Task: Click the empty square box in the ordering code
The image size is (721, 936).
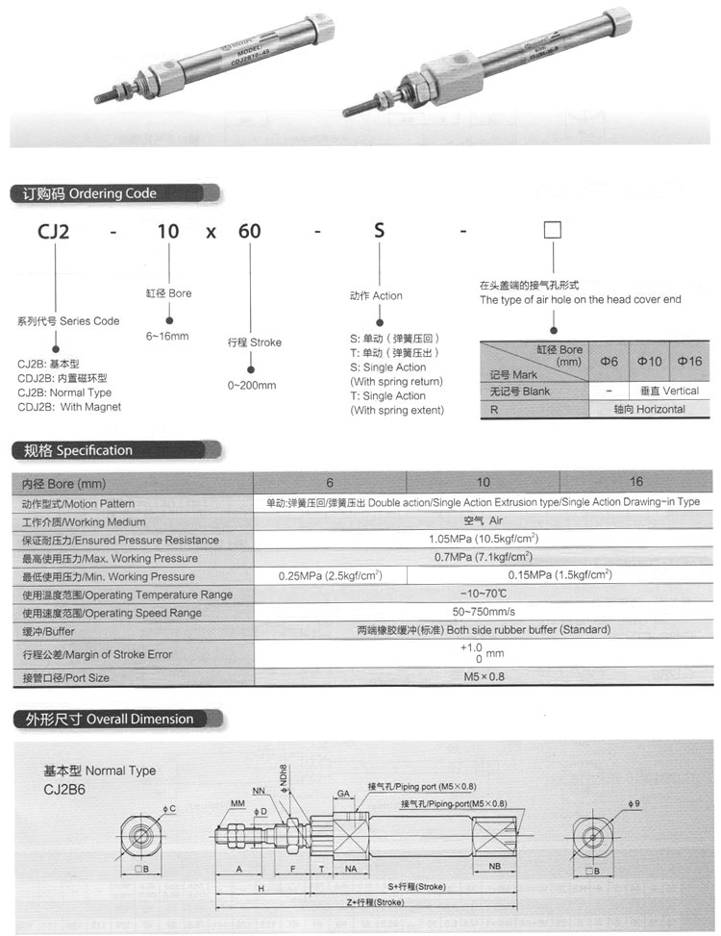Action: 553,231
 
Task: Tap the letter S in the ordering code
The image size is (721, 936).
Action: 380,231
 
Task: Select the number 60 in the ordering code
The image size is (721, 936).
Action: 250,231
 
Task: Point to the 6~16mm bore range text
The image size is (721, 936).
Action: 167,337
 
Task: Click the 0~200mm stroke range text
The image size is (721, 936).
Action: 252,386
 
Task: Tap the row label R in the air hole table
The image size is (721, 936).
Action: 494,409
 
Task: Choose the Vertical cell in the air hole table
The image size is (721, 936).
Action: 668,392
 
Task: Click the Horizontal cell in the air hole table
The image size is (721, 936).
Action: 649,409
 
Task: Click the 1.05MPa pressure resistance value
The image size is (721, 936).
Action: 483,540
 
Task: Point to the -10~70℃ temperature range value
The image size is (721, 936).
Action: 483,594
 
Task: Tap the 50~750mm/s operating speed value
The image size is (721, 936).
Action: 483,613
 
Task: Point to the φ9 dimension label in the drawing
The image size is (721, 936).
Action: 633,803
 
